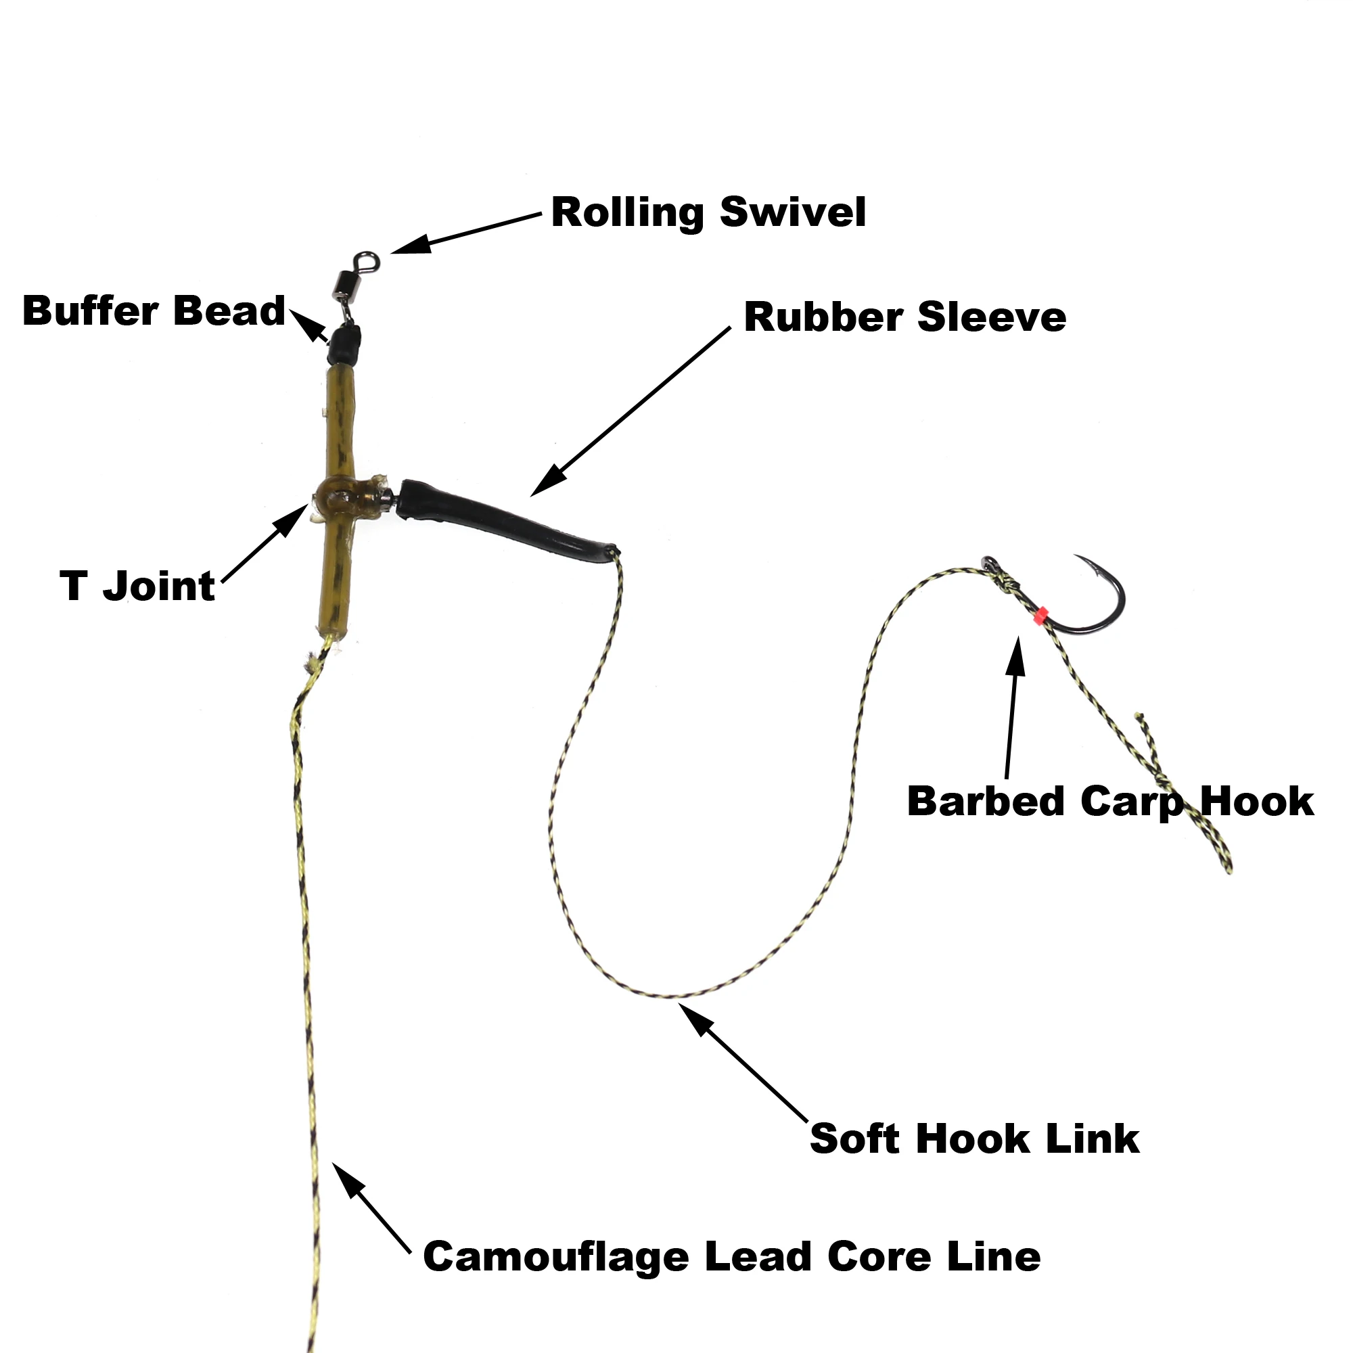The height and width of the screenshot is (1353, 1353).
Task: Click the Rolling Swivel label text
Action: pos(708,212)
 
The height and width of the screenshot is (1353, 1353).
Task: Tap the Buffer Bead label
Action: pos(154,311)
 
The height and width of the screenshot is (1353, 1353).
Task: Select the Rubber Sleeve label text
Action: pos(904,317)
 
